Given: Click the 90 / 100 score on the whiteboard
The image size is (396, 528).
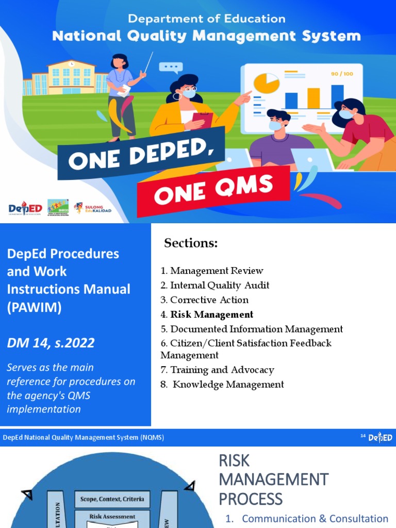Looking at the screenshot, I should (342, 74).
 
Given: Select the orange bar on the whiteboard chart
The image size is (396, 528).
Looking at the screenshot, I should (313, 98).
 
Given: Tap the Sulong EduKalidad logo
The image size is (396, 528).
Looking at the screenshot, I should (93, 208).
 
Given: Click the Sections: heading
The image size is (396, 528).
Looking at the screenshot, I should (191, 243).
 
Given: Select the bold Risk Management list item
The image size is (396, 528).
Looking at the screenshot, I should (211, 315).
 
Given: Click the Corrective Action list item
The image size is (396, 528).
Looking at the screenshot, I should (209, 300).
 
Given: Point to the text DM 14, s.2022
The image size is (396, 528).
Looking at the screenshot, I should (51, 343).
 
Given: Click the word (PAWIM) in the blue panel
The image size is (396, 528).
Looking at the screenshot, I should (34, 308).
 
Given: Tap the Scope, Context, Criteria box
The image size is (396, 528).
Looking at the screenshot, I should (112, 499).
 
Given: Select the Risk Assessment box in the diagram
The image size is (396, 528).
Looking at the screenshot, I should (112, 516).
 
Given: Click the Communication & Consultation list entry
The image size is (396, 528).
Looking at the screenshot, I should (315, 519).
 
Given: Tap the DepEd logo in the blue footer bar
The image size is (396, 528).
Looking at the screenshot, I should (380, 438).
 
